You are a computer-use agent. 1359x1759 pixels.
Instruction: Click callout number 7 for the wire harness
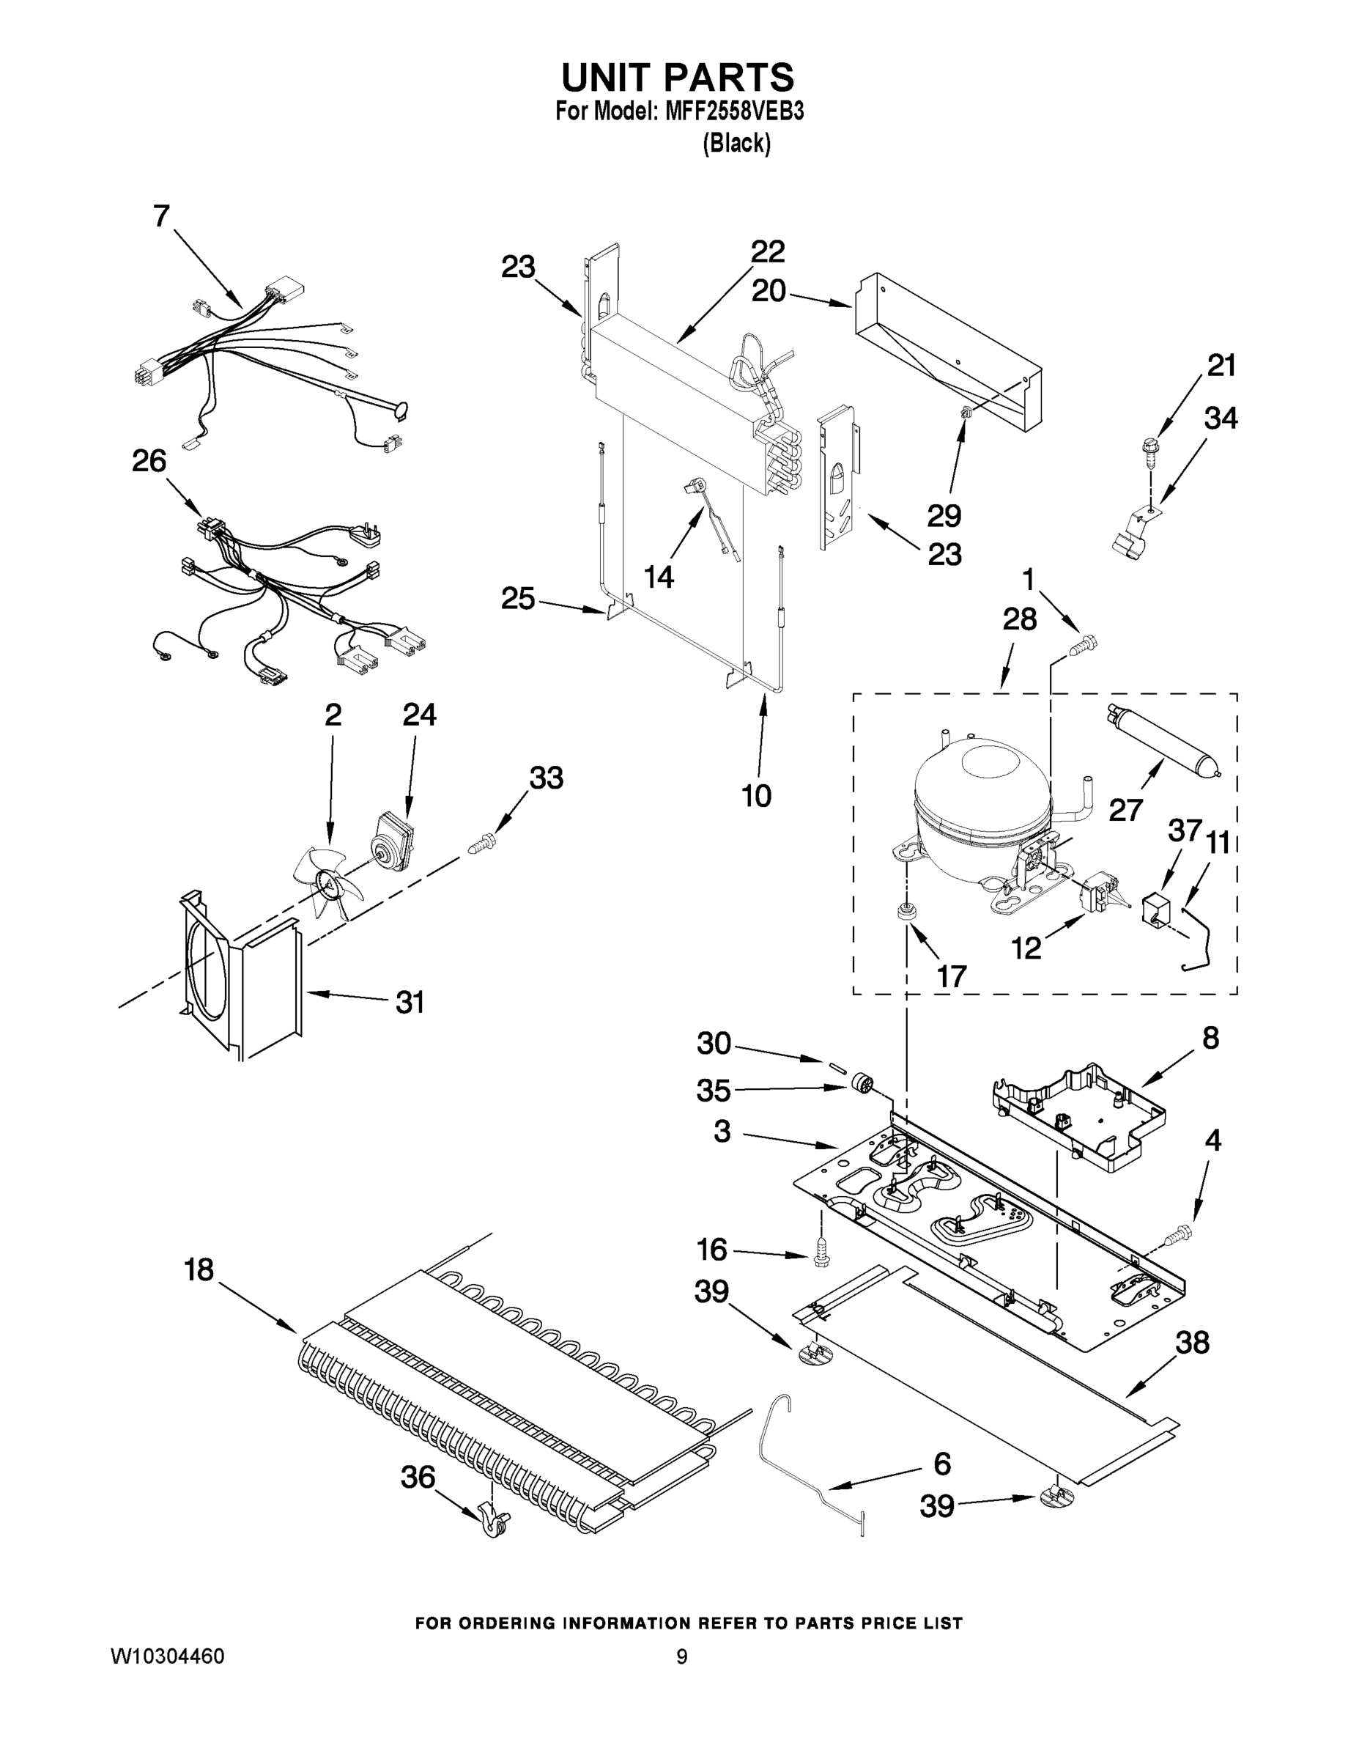pyautogui.click(x=162, y=216)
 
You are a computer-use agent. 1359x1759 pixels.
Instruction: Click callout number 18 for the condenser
pyautogui.click(x=199, y=1270)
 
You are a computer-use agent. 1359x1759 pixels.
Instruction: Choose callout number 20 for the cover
pyautogui.click(x=769, y=292)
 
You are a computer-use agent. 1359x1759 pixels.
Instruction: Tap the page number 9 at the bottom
pyautogui.click(x=681, y=1658)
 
